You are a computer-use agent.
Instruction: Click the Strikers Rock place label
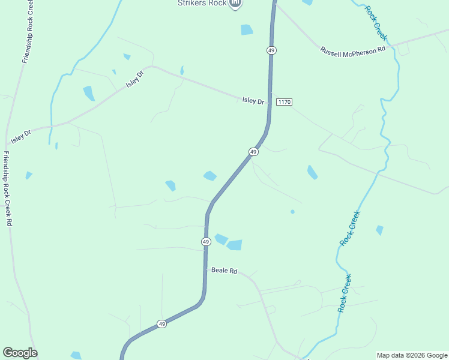coord(201,3)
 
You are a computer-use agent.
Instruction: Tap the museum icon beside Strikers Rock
coord(236,4)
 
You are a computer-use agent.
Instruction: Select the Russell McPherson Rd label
coord(352,52)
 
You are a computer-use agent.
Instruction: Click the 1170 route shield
coord(284,102)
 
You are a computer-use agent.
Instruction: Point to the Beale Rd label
coord(224,271)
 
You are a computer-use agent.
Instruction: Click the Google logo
coord(20,353)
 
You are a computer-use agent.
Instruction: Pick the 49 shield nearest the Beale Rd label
coord(206,241)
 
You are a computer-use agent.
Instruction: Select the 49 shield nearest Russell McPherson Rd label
coord(272,50)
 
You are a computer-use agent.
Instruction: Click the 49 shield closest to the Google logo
coord(161,324)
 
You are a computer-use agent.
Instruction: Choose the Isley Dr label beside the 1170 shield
coord(253,101)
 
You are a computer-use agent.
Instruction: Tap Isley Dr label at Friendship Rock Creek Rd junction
coord(20,136)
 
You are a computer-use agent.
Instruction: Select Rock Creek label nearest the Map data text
coord(345,293)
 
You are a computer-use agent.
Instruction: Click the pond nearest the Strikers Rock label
coord(247,29)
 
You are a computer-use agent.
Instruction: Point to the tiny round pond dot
coord(292,212)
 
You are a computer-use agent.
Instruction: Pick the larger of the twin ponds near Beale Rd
coord(234,245)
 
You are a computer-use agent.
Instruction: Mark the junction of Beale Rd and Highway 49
coord(205,269)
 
